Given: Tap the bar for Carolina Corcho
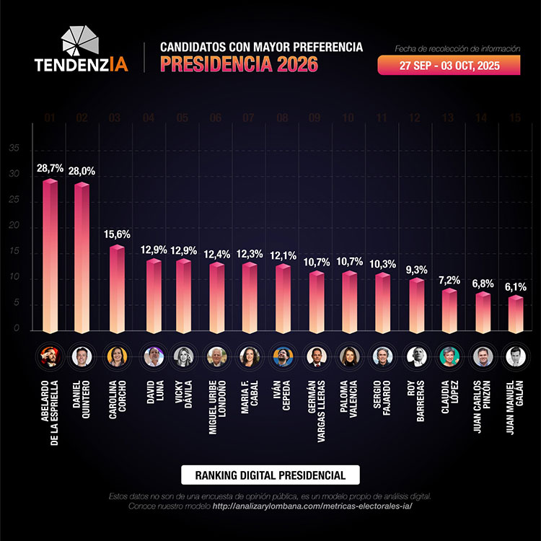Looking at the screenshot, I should [x=116, y=288].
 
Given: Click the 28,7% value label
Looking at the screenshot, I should [x=49, y=168].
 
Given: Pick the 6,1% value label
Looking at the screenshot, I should [x=515, y=286].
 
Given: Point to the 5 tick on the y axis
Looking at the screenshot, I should [x=14, y=304].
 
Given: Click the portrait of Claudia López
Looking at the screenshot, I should [x=449, y=356].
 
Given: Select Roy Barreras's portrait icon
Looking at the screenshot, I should [x=416, y=356].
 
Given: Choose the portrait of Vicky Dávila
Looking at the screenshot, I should [x=183, y=356].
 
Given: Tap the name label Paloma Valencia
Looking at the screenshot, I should [x=349, y=397].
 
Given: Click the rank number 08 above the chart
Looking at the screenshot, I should [x=283, y=117].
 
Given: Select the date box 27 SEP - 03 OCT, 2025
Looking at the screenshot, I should [x=449, y=66].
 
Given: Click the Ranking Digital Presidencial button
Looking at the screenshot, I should [x=270, y=475].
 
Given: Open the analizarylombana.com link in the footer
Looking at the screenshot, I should [x=312, y=506].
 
